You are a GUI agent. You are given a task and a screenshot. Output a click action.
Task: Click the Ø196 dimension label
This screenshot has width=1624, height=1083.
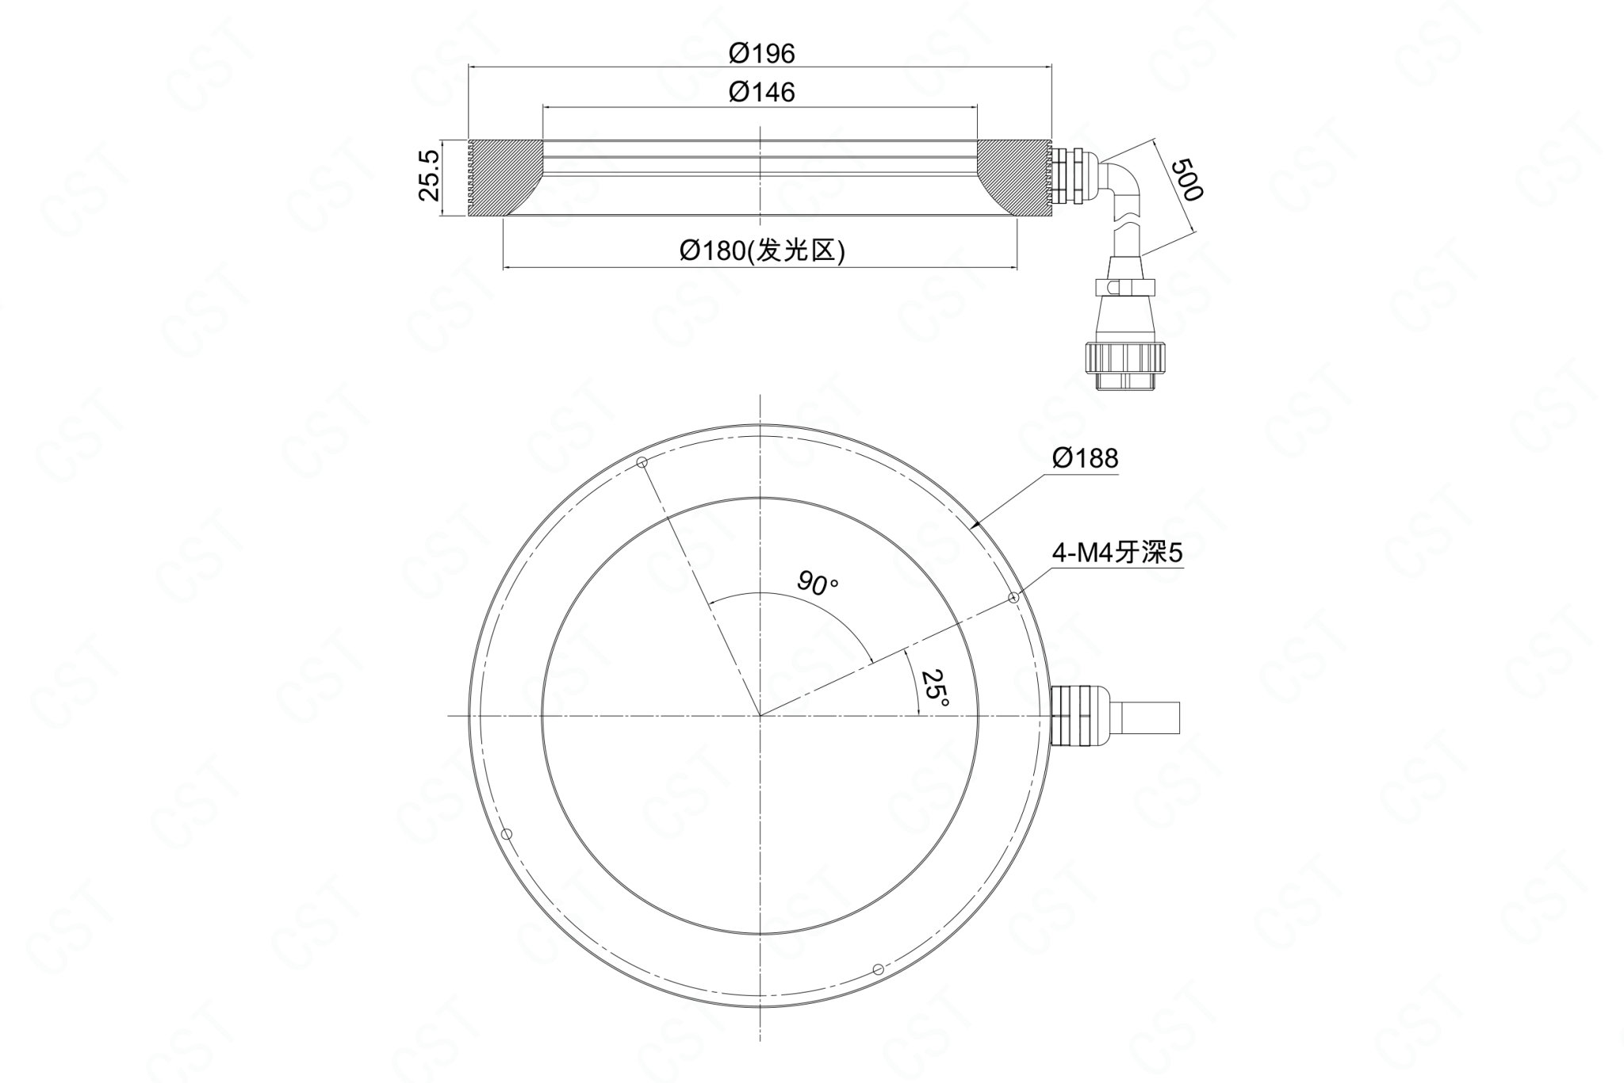(x=761, y=53)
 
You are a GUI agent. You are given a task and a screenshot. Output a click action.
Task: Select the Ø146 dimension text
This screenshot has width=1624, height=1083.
(x=761, y=93)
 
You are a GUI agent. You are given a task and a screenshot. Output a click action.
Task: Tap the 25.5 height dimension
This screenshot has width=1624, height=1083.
(x=427, y=175)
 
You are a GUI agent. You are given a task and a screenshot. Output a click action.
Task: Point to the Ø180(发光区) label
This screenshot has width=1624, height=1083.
(x=762, y=251)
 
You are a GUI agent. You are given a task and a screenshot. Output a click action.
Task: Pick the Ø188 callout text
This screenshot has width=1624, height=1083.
(x=1085, y=457)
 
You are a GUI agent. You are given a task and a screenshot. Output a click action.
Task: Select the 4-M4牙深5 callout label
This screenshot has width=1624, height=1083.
(x=1116, y=553)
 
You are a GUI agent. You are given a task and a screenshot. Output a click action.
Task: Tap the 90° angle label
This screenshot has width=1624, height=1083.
(x=818, y=583)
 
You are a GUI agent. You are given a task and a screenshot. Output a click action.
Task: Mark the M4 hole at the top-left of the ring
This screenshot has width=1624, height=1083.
(x=642, y=463)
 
